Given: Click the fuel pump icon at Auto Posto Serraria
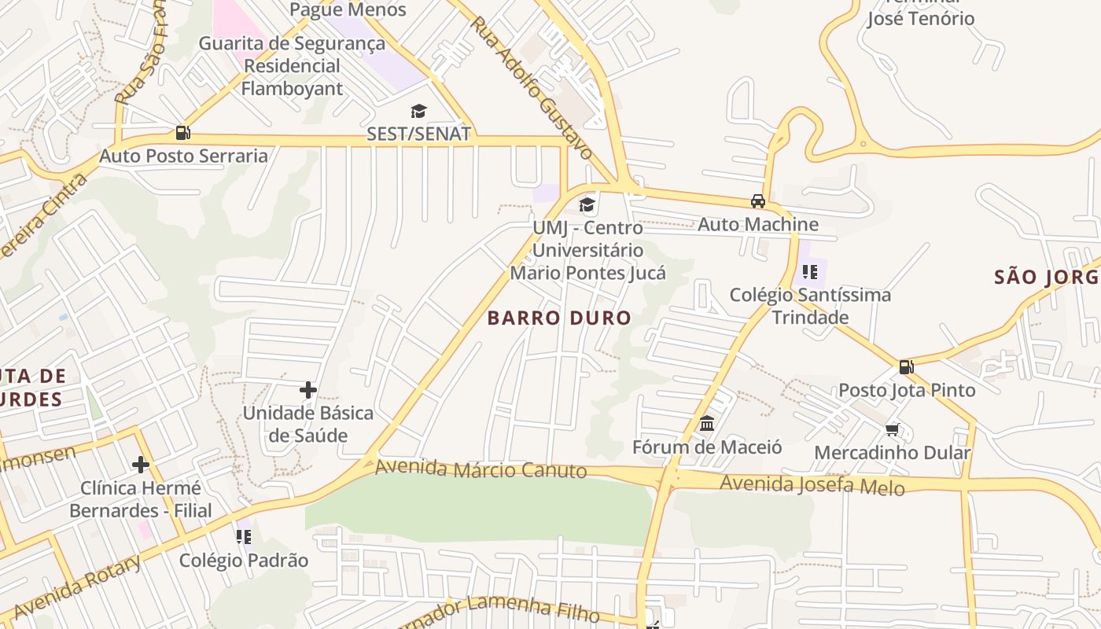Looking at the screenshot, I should tap(182, 133).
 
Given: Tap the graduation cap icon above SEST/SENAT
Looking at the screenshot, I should tap(418, 112).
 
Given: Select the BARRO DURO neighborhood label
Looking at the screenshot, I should tap(559, 318).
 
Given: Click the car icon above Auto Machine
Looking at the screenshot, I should tap(758, 201).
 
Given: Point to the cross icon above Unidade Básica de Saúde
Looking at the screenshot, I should tap(308, 389).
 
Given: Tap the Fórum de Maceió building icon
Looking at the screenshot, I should tap(707, 424).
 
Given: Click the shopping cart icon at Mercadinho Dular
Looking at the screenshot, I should tap(893, 429).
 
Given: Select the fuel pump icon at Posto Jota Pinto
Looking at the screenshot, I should tap(906, 366).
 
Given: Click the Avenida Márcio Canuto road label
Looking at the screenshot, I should tap(481, 469).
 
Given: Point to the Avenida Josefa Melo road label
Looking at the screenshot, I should tap(812, 484).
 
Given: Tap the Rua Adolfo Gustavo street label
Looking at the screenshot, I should tap(531, 87).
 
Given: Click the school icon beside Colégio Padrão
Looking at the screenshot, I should tap(244, 537).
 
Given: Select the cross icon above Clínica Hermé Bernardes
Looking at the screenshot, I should tap(141, 465).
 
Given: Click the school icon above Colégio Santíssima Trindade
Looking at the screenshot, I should tap(810, 272).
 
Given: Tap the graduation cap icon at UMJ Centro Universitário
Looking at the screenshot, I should tap(587, 205).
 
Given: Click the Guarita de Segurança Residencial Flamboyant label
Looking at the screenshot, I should tap(292, 65).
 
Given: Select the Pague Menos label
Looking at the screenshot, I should tap(348, 9).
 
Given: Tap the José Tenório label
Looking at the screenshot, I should tap(921, 17).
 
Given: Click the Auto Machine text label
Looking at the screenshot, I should tap(758, 224).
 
